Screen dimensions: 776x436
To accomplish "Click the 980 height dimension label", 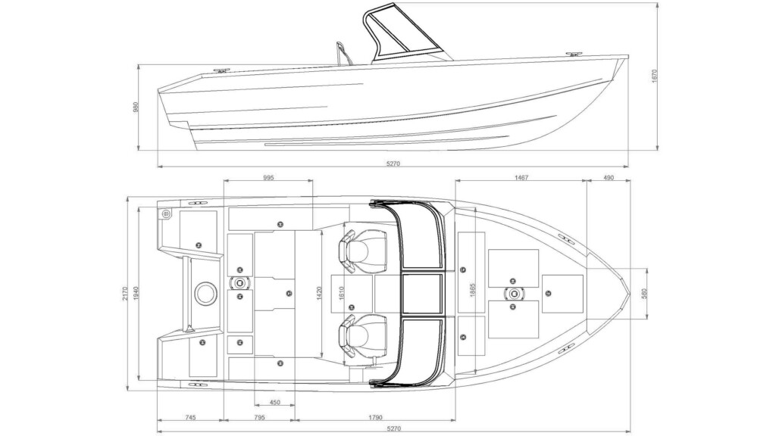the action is (136, 107).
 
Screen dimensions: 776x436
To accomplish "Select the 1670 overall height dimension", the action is (654, 76).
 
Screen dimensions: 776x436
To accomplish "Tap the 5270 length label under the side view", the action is (393, 163).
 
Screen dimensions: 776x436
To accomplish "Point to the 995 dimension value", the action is (268, 177).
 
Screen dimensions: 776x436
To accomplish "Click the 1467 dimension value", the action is (521, 177).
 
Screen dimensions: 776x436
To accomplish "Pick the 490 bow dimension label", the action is (609, 177).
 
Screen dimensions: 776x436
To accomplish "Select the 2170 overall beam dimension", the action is (125, 294).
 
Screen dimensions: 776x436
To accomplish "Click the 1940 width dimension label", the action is (134, 294).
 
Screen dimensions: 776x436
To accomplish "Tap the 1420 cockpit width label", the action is (319, 293).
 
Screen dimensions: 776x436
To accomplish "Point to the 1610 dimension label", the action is (341, 294).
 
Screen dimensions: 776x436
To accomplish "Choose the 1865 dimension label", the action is (472, 290).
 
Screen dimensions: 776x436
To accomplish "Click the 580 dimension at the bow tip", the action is (644, 294).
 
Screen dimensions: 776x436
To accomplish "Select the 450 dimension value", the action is (274, 403).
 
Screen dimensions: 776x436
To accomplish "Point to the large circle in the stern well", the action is (205, 294).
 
